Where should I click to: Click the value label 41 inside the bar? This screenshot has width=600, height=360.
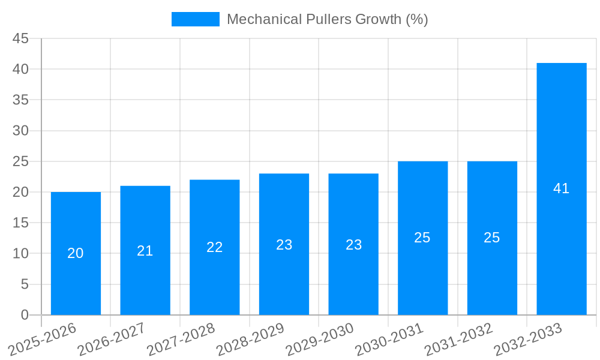tap(562, 188)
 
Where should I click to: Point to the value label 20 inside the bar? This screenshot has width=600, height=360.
tap(76, 253)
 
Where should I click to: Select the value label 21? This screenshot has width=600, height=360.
tap(145, 251)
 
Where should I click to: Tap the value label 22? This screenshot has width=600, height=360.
tap(215, 247)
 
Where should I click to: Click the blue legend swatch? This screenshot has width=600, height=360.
tap(196, 19)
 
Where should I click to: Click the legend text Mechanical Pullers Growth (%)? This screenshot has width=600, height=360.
tap(327, 19)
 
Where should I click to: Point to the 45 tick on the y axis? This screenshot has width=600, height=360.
tap(20, 39)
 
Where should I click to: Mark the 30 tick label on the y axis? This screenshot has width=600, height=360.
tap(20, 131)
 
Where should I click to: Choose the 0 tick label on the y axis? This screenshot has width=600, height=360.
tap(25, 315)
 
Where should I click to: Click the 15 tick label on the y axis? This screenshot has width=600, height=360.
tap(20, 223)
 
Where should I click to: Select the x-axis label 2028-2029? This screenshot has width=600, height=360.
tap(250, 340)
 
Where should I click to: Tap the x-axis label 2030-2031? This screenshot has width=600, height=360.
tap(389, 340)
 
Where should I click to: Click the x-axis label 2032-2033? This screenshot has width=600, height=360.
tap(528, 340)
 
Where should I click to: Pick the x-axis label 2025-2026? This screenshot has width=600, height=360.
tap(42, 340)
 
